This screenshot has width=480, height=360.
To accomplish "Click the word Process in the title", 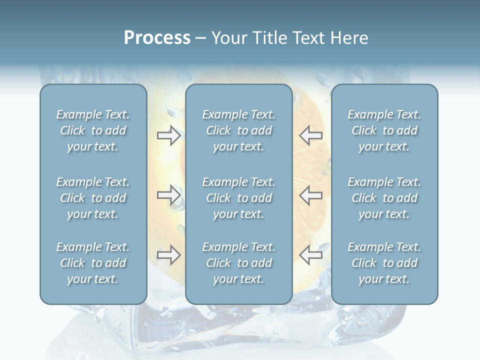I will coord(157,38).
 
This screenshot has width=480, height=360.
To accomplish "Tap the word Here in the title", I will coord(349,38).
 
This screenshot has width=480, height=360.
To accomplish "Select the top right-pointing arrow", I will coord(169,135).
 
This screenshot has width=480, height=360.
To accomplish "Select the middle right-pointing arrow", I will coord(169,195).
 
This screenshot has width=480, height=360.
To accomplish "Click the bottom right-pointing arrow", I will coord(169,255).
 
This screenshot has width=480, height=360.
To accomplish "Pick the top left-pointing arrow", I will coord(310,135).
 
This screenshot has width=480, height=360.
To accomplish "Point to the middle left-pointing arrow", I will coord(310,195).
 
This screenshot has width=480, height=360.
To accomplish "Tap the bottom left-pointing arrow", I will coord(310,255).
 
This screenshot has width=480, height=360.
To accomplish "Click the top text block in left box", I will coord(93,130).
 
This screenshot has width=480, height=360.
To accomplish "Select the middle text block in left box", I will coord(93,198).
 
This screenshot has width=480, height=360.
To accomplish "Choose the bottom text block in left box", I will coord(93,263).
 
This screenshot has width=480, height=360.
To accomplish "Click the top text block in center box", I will coord(238,130).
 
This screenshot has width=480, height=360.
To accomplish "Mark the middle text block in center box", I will coord(238,198).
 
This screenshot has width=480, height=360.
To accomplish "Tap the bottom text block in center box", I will coord(238,263).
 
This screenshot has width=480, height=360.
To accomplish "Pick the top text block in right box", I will coord(384,130).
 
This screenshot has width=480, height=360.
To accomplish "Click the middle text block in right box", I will coord(384,198).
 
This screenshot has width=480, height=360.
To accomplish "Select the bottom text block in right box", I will coord(384,263).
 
